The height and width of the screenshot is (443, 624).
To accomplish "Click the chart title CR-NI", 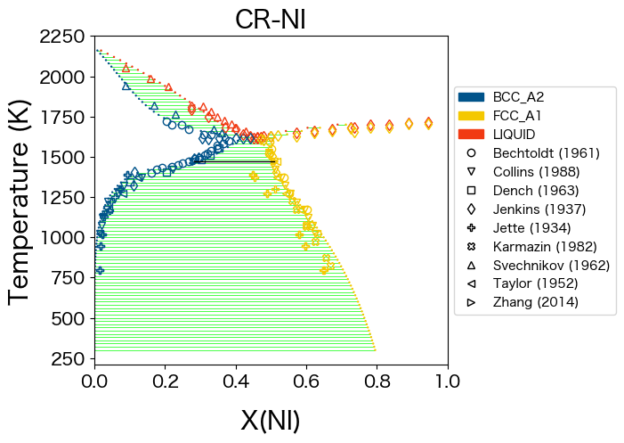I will click(271, 19).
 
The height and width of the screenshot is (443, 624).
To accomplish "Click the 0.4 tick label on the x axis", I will click(235, 381).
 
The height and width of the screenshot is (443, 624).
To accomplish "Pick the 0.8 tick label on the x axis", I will click(377, 381).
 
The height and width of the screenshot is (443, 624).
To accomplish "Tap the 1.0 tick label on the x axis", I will click(447, 381).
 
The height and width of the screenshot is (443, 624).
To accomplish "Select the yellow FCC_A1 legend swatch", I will click(471, 116).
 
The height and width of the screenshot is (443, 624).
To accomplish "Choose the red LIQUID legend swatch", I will click(471, 135).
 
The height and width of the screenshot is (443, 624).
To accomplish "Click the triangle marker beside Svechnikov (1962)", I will click(471, 265).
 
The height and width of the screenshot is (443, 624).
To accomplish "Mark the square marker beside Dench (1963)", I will click(471, 190).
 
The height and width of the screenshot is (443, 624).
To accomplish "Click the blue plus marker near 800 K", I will click(101, 270).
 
